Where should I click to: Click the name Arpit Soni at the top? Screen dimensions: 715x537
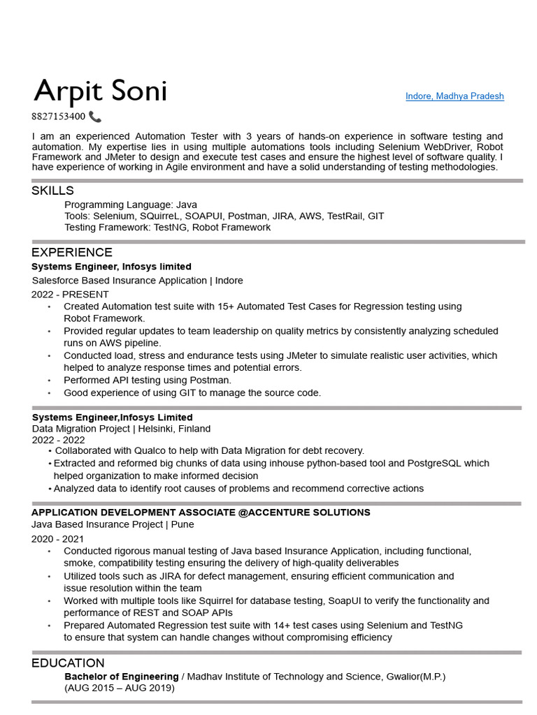click(100, 91)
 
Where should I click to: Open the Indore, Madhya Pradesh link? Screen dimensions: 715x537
click(454, 96)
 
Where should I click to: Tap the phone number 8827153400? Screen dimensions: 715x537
click(58, 117)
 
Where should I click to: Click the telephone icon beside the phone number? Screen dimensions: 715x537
click(95, 117)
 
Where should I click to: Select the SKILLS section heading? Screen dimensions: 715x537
click(52, 191)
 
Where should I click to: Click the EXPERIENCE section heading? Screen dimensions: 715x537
click(71, 252)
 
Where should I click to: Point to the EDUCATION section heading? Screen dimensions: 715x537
click(68, 663)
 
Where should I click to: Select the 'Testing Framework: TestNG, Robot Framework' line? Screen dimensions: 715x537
click(167, 228)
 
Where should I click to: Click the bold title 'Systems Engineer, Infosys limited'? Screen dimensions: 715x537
click(111, 267)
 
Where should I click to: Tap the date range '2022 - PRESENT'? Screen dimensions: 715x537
click(70, 294)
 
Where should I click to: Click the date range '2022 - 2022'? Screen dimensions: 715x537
click(58, 440)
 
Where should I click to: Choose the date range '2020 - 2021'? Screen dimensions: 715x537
click(57, 538)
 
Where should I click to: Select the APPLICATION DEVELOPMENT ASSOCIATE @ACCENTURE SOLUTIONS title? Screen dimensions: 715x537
click(201, 513)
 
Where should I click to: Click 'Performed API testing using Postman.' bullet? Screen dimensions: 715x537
click(148, 381)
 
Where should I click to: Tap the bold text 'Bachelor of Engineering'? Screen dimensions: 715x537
click(122, 677)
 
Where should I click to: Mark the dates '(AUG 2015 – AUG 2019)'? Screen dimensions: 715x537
click(120, 688)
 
